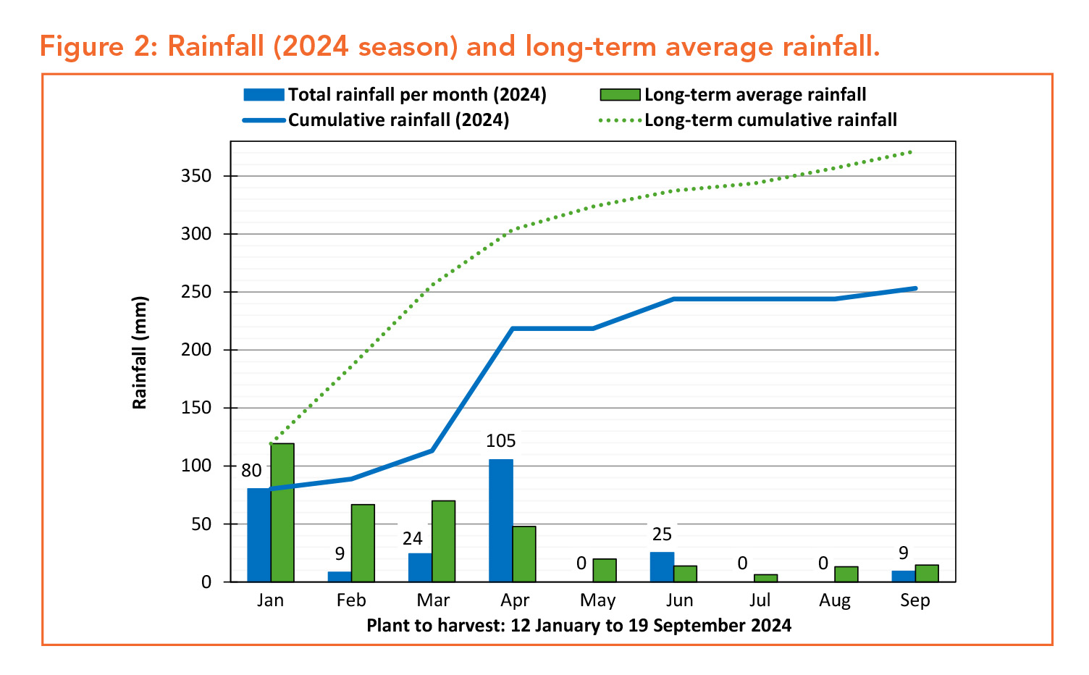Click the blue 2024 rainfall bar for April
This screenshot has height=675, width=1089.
pos(501,520)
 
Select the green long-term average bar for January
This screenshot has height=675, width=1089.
pos(282,512)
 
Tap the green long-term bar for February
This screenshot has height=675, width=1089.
pos(363,542)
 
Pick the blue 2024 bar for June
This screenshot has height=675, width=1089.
pos(662,566)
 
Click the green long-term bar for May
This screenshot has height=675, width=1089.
pos(605,570)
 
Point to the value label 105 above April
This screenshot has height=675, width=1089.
pos(501,441)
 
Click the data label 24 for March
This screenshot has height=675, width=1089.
pos(413,538)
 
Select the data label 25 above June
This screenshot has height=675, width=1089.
pos(662,534)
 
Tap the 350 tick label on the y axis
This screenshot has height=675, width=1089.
pos(196,176)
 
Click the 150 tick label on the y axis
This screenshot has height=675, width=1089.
pos(196,408)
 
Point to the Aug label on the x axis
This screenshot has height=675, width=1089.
pos(835,600)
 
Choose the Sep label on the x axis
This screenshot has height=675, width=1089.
pos(915,600)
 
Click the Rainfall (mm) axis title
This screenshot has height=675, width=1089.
pos(140,353)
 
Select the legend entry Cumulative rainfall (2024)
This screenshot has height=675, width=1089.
pos(398,120)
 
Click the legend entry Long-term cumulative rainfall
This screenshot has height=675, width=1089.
pos(770,120)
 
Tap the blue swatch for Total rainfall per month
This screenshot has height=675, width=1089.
pos(264,95)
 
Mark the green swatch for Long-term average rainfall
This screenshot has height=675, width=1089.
pos(620,95)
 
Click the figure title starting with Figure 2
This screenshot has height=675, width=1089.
pos(460,47)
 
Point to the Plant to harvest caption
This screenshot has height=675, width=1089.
pos(579,625)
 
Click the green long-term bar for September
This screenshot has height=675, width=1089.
pos(927,573)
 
